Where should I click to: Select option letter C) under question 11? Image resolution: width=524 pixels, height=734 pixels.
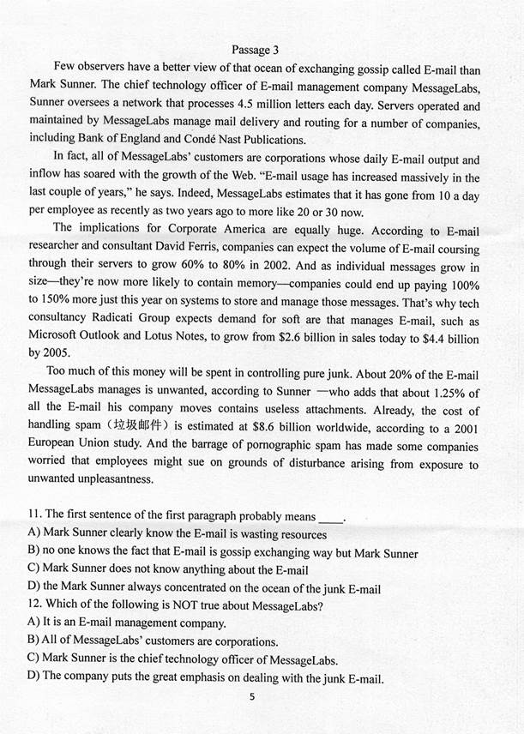(33, 569)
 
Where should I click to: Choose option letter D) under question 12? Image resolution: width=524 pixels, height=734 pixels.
(33, 678)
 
